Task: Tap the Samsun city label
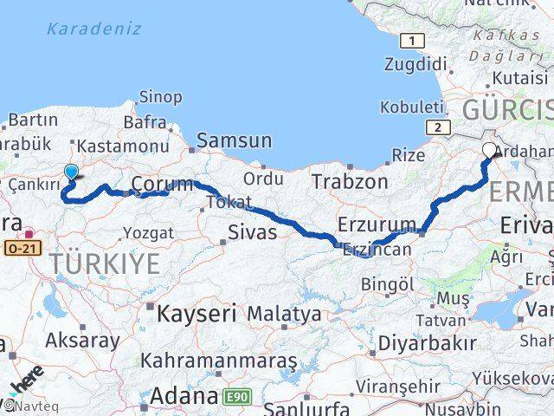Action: tap(234, 140)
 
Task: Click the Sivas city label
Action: tap(252, 232)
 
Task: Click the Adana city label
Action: tap(184, 397)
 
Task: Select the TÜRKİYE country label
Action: tap(106, 263)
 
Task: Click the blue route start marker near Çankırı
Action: tap(71, 172)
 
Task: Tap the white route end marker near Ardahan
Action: tap(489, 151)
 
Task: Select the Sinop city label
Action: tap(161, 97)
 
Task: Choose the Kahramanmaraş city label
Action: tap(219, 360)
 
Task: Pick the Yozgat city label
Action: tap(148, 232)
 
